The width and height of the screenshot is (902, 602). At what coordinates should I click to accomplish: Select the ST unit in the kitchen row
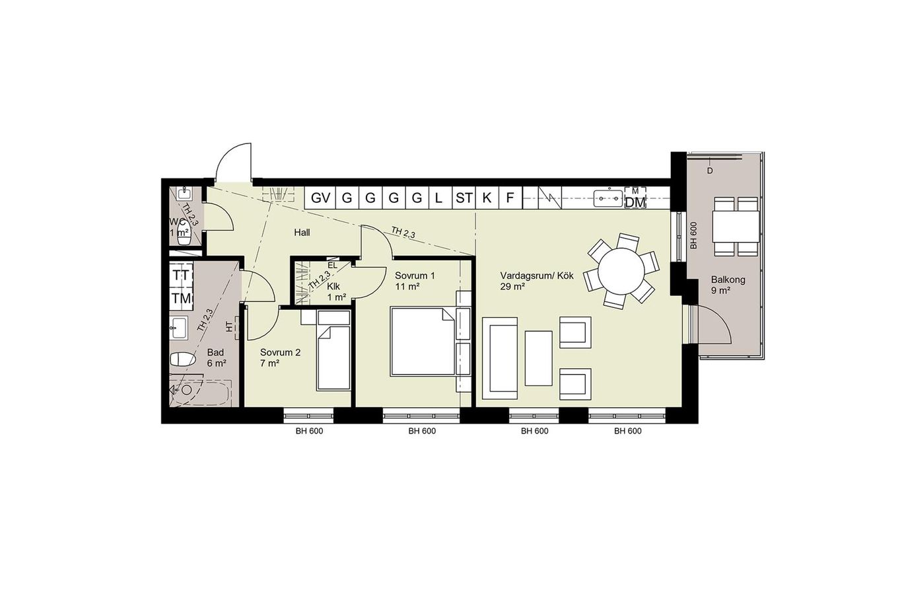tap(464, 198)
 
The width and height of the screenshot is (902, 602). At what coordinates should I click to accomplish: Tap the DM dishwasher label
tap(635, 202)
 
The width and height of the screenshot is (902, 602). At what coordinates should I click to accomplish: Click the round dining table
tap(621, 271)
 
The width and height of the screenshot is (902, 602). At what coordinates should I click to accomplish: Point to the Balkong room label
tap(728, 280)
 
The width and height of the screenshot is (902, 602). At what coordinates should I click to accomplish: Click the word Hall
tap(302, 233)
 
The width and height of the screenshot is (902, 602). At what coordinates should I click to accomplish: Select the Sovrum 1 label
tap(415, 276)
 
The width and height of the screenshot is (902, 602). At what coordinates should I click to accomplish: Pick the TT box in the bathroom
tap(181, 275)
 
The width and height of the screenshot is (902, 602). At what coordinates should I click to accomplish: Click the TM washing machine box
tap(181, 299)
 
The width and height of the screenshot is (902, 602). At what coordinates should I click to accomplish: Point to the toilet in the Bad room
tap(182, 359)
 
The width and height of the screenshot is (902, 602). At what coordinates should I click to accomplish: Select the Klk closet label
tap(333, 286)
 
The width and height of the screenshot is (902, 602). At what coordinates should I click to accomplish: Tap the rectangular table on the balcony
tap(736, 227)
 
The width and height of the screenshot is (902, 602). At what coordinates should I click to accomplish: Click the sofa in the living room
tap(500, 358)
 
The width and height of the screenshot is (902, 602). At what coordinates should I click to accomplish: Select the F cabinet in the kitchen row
tap(510, 198)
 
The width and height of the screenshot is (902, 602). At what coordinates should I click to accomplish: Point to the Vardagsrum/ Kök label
tap(537, 276)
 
